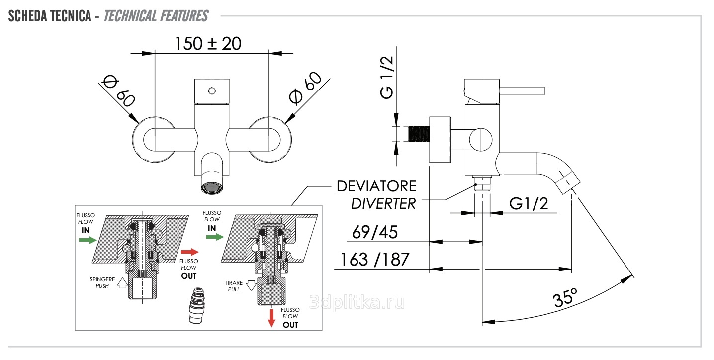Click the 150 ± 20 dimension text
pyautogui.click(x=208, y=44)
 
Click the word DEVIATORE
pyautogui.click(x=376, y=187)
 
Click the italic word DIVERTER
pyautogui.click(x=383, y=203)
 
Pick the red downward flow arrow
pyautogui.click(x=271, y=317)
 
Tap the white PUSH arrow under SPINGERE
pyautogui.click(x=121, y=283)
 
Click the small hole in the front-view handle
pyautogui.click(x=212, y=90)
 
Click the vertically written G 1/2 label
pyautogui.click(x=387, y=78)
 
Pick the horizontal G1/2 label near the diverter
pyautogui.click(x=529, y=203)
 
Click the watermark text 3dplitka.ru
pyautogui.click(x=357, y=302)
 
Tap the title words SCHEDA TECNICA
pyautogui.click(x=49, y=16)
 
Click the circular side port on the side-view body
pyautogui.click(x=481, y=138)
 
